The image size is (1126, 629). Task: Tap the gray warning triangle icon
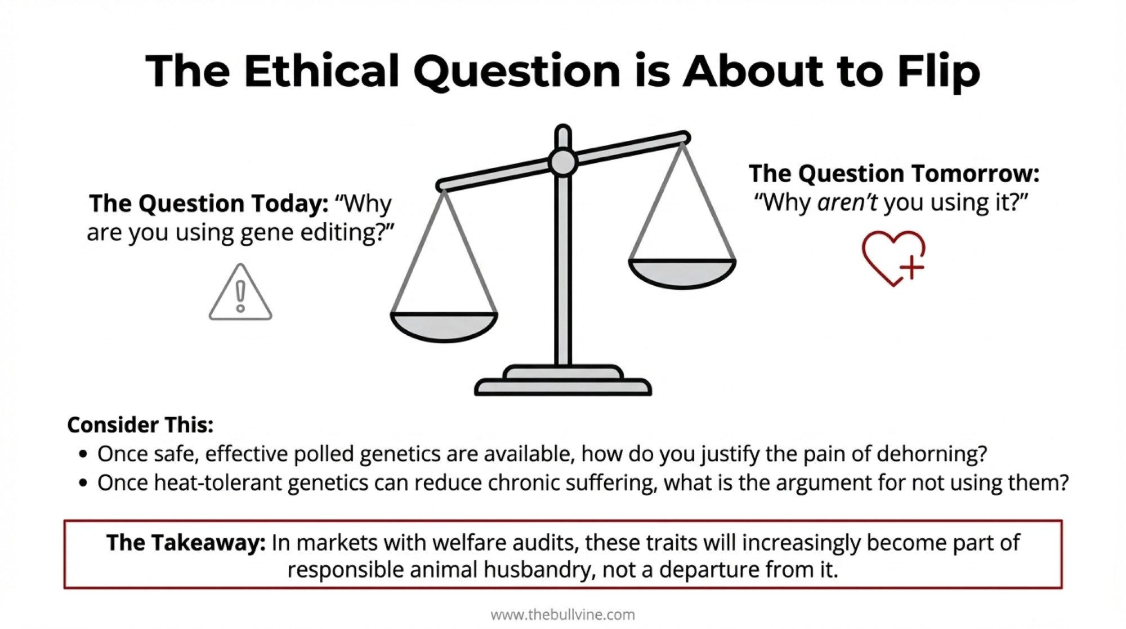[240, 292]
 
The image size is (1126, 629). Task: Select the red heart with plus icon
[893, 258]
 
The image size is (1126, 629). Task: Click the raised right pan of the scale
[682, 273]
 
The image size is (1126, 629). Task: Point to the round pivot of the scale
[563, 163]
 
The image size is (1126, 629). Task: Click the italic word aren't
[847, 202]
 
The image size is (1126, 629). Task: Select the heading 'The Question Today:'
[209, 203]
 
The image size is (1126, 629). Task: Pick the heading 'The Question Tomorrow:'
[893, 174]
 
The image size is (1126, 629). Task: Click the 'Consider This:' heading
[140, 425]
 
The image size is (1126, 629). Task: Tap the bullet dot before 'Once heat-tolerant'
[84, 483]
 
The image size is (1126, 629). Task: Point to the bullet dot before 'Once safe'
[84, 454]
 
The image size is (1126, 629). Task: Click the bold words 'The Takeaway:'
[186, 543]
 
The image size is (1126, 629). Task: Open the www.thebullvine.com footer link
[563, 614]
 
